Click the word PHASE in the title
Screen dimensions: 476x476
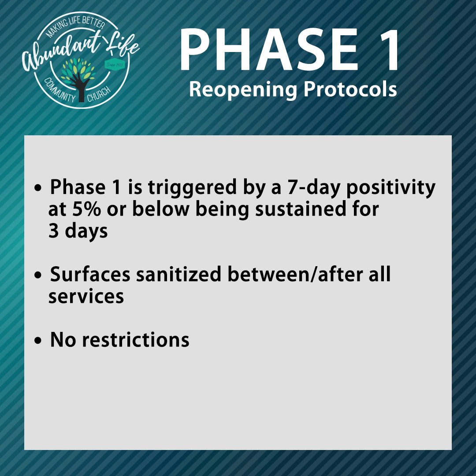pos(268,49)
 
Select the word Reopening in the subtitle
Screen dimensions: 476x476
pos(243,90)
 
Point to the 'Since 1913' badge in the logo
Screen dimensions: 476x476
pos(115,65)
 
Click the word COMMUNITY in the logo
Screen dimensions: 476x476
pos(59,90)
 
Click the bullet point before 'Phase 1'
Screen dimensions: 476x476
pos(37,188)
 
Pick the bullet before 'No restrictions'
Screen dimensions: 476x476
pos(37,341)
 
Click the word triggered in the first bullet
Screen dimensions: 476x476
pos(192,189)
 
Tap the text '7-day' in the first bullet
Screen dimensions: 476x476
pos(314,189)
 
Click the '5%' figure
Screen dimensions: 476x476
pos(86,209)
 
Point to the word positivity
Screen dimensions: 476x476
pos(391,189)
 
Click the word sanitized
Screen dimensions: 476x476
pos(178,274)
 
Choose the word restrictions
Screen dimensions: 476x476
pos(136,340)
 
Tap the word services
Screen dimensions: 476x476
pos(86,297)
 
